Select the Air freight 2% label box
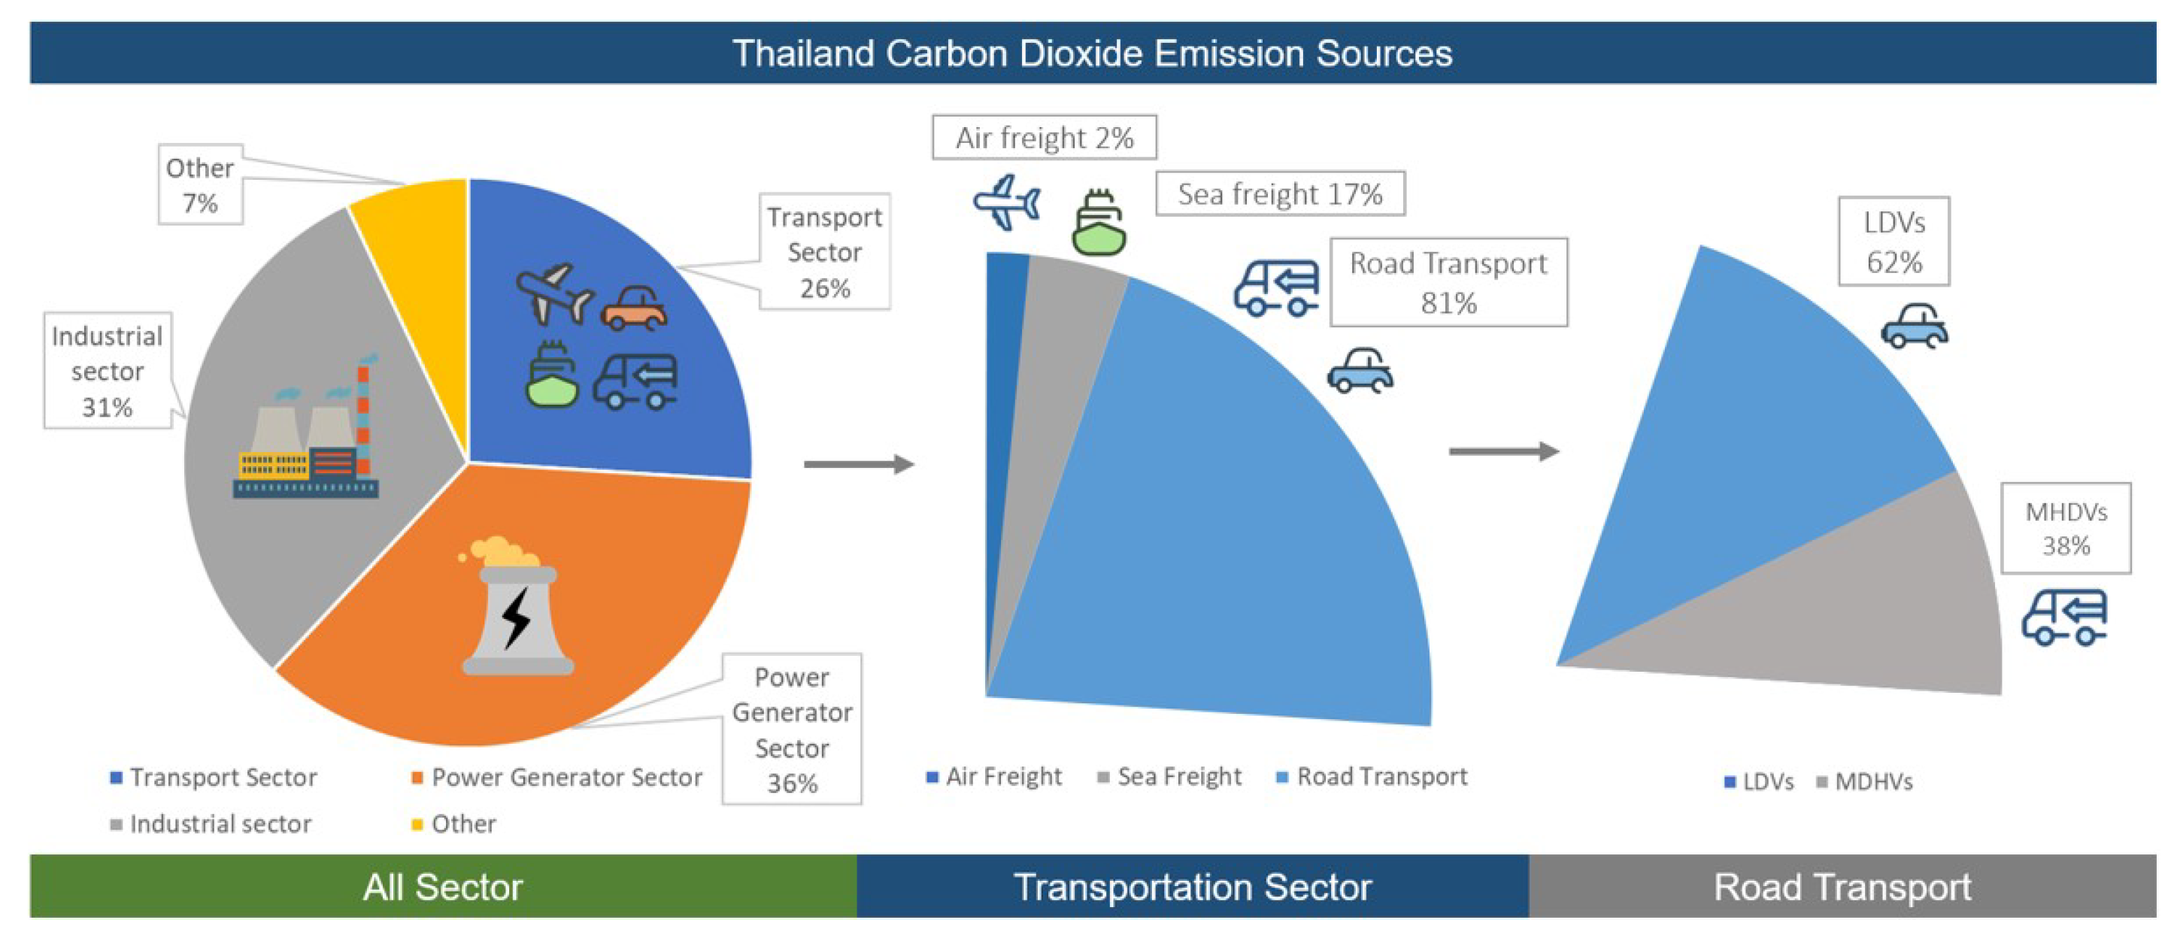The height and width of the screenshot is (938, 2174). coord(1044,138)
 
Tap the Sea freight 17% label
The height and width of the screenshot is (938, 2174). coord(1279,194)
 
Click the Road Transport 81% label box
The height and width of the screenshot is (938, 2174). coord(1448,283)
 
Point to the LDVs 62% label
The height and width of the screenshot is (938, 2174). coord(1894,242)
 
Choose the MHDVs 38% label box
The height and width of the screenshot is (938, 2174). coord(2065,529)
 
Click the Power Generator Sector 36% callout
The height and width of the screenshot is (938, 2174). coord(792,730)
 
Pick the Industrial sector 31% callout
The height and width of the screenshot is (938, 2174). coord(108,372)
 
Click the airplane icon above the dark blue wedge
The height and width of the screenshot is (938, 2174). coord(1006,202)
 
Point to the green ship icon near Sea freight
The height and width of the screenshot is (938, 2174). coord(1098,223)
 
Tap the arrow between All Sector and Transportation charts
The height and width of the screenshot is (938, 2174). coord(858,464)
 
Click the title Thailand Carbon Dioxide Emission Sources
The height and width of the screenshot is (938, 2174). coord(1092,53)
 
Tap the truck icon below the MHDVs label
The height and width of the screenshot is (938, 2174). coord(2064,618)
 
